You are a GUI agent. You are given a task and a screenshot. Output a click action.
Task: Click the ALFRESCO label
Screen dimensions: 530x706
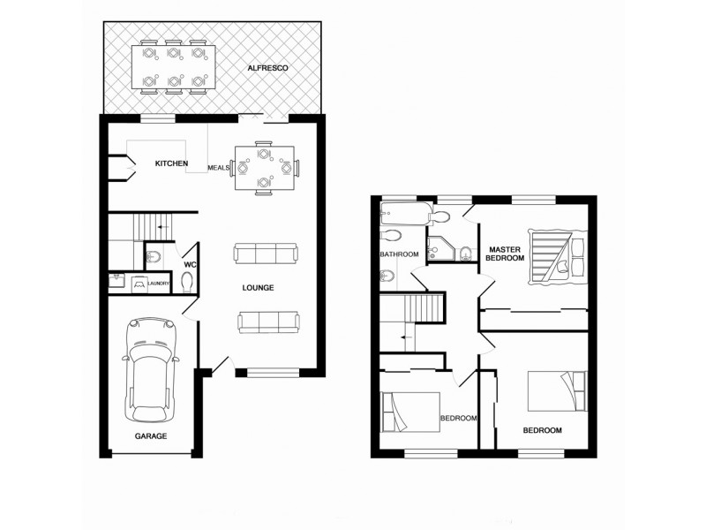(x=267, y=68)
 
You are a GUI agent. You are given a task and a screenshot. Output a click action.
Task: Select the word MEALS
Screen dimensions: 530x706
(x=218, y=167)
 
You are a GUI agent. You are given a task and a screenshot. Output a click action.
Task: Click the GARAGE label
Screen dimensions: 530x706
(x=150, y=436)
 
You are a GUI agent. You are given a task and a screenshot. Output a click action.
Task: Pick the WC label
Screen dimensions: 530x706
(x=190, y=264)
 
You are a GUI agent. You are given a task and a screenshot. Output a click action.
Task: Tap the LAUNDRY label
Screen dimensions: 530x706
(x=158, y=284)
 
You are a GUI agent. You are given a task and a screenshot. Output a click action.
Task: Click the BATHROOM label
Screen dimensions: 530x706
(x=398, y=255)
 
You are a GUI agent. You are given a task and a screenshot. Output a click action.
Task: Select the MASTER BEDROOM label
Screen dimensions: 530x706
(x=507, y=254)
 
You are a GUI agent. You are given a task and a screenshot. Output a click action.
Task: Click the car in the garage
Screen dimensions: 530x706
(x=150, y=368)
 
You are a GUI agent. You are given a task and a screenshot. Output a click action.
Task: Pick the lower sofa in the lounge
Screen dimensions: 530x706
(x=267, y=322)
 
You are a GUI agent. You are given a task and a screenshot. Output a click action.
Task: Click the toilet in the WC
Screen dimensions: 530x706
(x=186, y=282)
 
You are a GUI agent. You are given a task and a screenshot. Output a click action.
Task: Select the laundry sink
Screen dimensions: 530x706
(x=117, y=284)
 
